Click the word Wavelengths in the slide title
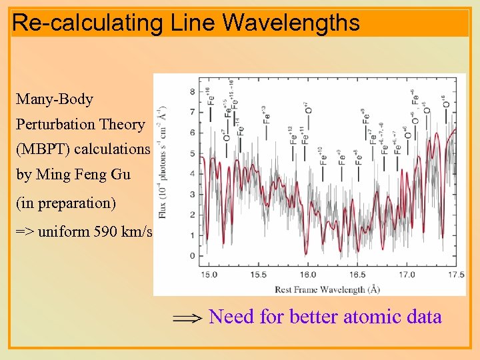click(x=291, y=23)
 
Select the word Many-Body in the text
click(x=55, y=99)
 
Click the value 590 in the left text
click(x=101, y=232)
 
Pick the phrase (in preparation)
click(x=66, y=201)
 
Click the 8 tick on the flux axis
click(x=193, y=91)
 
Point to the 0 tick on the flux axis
click(x=193, y=256)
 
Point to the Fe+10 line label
click(x=323, y=155)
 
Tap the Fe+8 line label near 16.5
click(x=358, y=155)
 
